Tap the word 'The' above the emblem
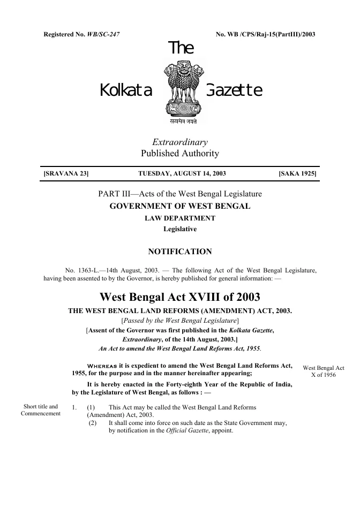click(181, 49)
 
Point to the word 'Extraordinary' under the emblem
click(180, 142)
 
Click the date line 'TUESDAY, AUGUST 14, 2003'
click(182, 174)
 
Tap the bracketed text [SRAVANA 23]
click(66, 174)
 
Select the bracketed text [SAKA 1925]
click(297, 174)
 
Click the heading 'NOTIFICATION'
click(180, 252)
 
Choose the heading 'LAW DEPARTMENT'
click(180, 218)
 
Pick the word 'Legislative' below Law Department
click(180, 229)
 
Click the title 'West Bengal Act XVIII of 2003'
click(180, 297)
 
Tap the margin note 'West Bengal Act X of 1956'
click(324, 371)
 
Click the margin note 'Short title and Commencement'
click(41, 410)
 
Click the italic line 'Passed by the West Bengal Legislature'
click(180, 320)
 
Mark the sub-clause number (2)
click(93, 423)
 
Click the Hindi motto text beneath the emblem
click(180, 121)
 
